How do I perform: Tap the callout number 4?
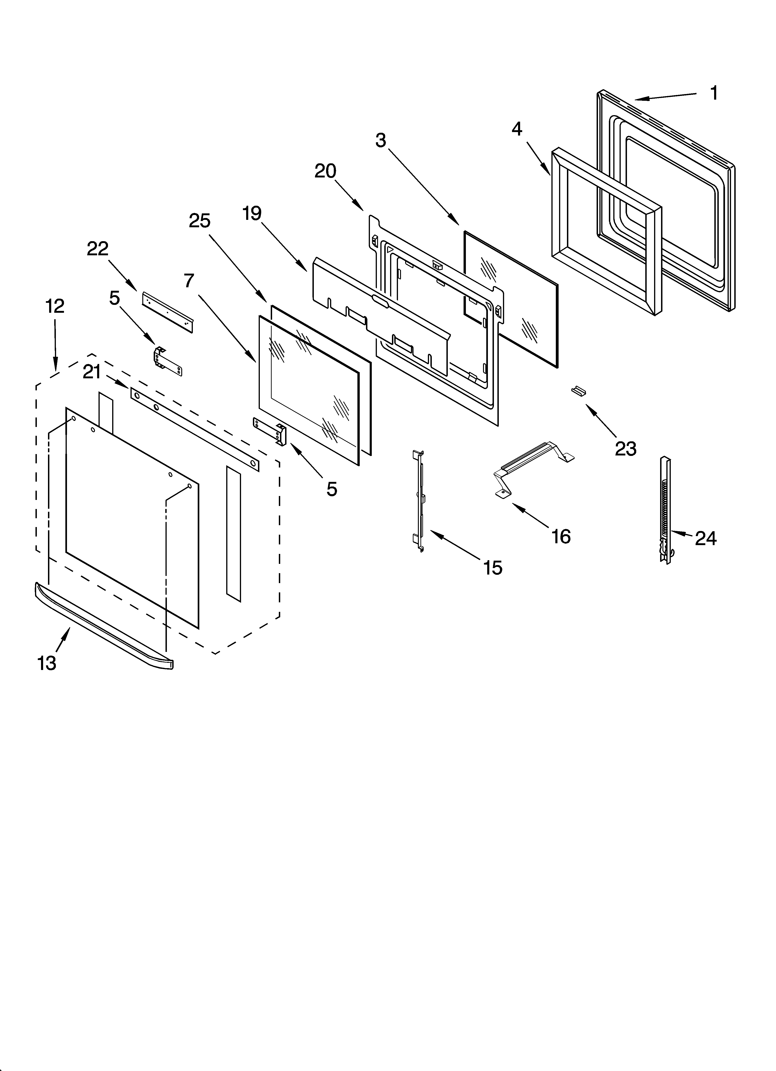pyautogui.click(x=517, y=129)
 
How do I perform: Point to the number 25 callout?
pyautogui.click(x=199, y=221)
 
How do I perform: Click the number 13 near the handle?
pyautogui.click(x=47, y=663)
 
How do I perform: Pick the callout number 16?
pyautogui.click(x=561, y=537)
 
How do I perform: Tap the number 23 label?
pyautogui.click(x=625, y=449)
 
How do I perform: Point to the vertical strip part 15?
pyautogui.click(x=418, y=501)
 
